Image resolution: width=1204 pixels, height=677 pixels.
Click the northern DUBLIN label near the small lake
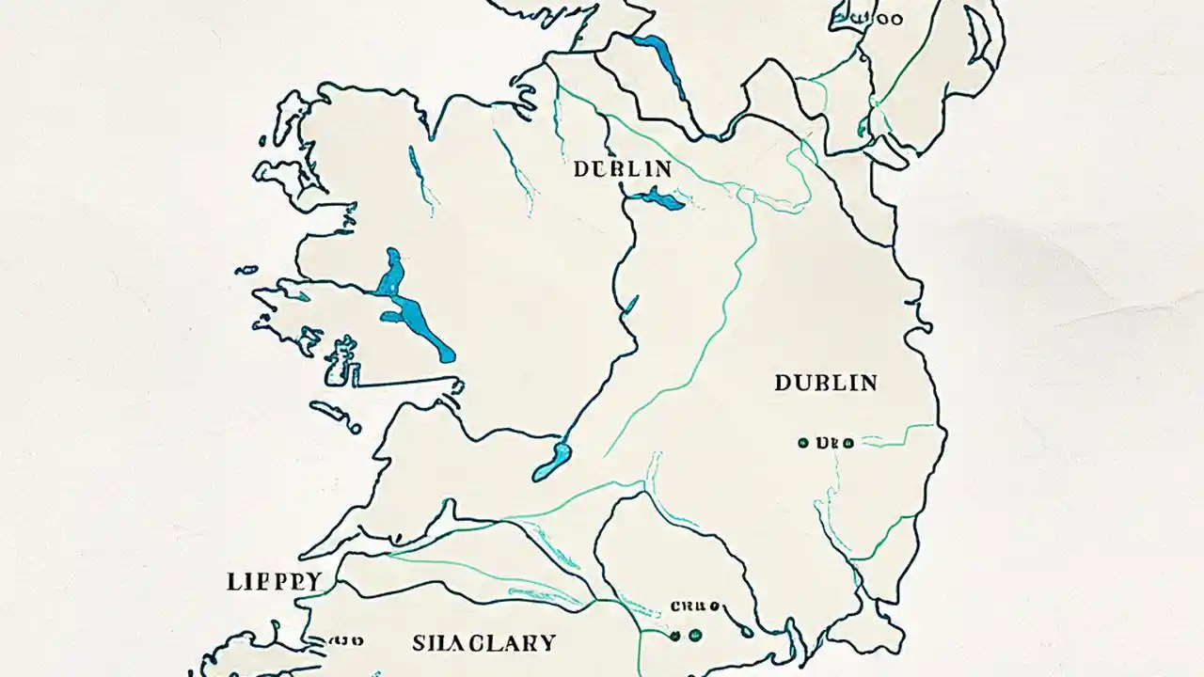(623, 169)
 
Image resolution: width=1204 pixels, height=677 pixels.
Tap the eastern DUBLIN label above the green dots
(826, 383)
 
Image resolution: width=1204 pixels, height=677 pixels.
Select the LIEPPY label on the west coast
(275, 581)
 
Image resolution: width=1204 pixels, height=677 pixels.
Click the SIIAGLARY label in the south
(484, 643)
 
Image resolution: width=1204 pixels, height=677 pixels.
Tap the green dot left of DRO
(802, 443)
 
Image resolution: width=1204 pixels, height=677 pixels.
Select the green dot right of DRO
(848, 443)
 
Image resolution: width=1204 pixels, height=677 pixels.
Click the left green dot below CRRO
(674, 636)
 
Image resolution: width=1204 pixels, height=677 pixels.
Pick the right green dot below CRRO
(696, 636)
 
